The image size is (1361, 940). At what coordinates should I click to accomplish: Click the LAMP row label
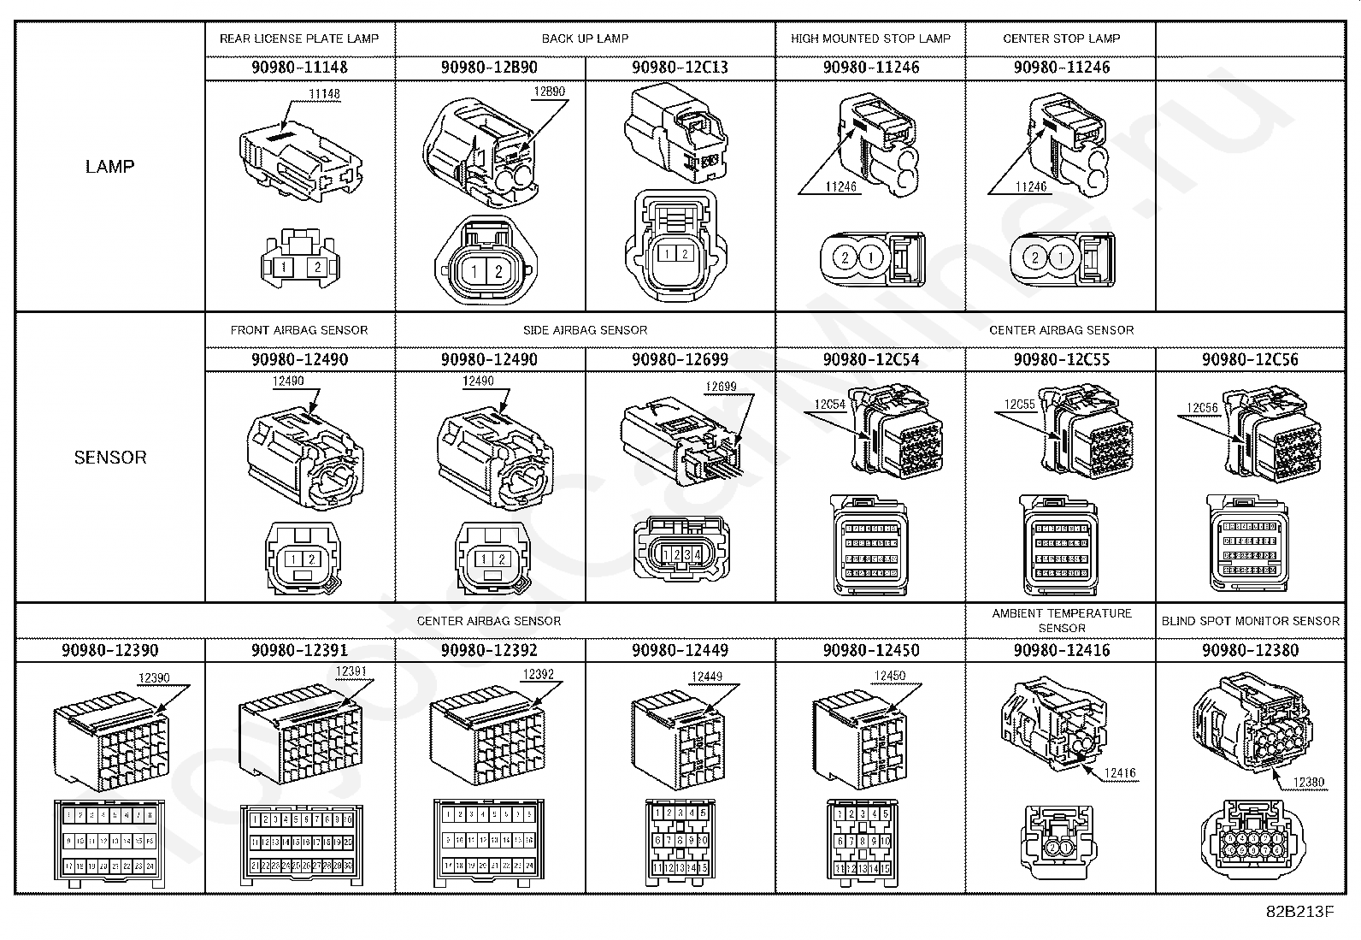click(x=109, y=167)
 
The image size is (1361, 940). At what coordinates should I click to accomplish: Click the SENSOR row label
click(x=109, y=458)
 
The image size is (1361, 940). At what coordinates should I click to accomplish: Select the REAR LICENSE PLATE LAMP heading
click(x=299, y=38)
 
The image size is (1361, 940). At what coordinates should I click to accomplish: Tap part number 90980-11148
click(x=299, y=68)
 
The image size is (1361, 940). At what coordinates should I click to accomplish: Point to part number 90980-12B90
click(x=490, y=68)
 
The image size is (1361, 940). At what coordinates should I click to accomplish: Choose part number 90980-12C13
click(x=680, y=68)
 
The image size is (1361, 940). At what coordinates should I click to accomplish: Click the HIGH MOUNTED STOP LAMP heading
click(x=870, y=38)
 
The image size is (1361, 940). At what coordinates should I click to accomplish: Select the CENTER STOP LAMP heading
click(x=1061, y=38)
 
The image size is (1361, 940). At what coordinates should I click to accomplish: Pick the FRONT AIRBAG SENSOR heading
click(x=299, y=330)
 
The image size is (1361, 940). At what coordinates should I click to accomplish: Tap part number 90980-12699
click(x=680, y=359)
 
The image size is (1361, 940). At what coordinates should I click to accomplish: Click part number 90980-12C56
click(x=1250, y=359)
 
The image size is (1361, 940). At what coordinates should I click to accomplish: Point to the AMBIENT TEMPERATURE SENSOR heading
click(x=1061, y=620)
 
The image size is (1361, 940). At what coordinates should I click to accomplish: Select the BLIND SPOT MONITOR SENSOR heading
click(x=1250, y=621)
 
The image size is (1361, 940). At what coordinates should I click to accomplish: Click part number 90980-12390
click(x=109, y=650)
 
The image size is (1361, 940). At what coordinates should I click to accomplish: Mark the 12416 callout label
click(x=1119, y=773)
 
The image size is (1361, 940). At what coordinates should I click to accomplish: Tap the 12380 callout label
click(x=1308, y=782)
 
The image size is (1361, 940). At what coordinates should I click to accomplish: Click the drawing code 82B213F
click(x=1299, y=912)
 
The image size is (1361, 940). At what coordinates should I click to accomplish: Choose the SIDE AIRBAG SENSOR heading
click(x=585, y=330)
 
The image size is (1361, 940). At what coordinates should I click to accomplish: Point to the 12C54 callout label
click(x=829, y=404)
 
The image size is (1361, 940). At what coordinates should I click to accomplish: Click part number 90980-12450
click(x=870, y=650)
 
